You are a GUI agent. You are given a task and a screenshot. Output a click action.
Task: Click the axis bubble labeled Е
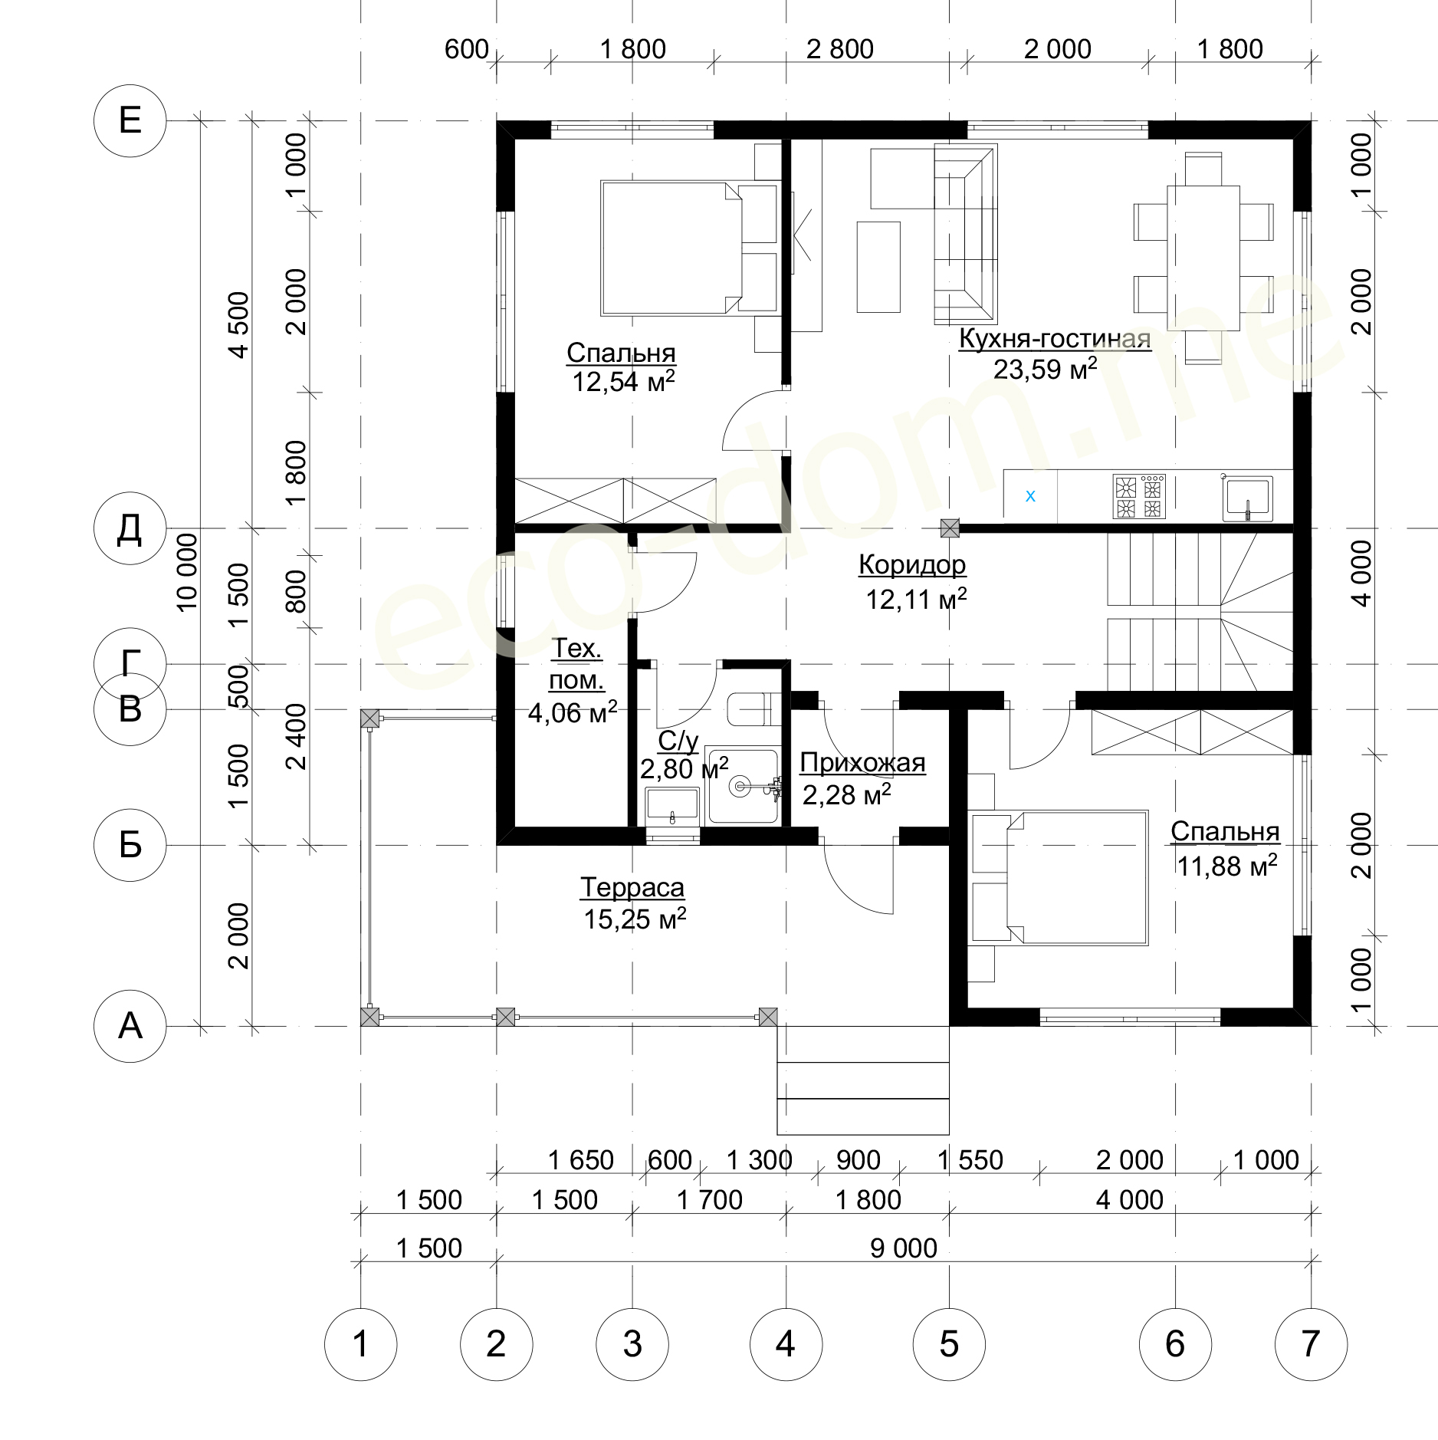(x=130, y=120)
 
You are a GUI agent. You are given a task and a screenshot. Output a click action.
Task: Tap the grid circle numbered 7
(x=1311, y=1344)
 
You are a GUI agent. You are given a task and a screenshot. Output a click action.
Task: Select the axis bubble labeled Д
(x=130, y=528)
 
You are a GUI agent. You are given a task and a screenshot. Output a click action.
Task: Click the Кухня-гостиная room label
(x=1055, y=338)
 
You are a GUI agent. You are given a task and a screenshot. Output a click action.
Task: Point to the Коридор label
(x=912, y=564)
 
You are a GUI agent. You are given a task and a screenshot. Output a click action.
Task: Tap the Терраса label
(x=632, y=887)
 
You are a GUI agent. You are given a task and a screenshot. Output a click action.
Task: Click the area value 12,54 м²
(x=624, y=381)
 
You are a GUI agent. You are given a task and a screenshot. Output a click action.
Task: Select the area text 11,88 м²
(x=1227, y=866)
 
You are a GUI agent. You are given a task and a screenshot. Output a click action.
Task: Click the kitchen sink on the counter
(x=1247, y=498)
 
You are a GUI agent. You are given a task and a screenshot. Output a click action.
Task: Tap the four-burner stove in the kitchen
(x=1139, y=497)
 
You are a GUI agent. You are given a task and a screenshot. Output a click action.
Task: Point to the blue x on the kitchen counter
(x=1030, y=496)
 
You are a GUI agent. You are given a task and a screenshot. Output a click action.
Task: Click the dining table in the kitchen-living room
(x=1203, y=258)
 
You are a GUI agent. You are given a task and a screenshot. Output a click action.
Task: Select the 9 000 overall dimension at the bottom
(x=904, y=1248)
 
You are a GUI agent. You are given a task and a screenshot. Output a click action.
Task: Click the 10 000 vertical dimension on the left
(x=187, y=572)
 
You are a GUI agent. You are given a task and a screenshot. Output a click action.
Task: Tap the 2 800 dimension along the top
(x=840, y=49)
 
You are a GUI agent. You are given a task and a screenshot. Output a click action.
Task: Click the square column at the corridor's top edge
(x=950, y=528)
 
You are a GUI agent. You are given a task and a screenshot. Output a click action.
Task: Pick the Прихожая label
(x=862, y=763)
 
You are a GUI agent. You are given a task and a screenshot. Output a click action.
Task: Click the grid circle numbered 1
(x=360, y=1344)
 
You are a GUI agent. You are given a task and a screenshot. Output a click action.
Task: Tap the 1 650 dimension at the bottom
(x=581, y=1160)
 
